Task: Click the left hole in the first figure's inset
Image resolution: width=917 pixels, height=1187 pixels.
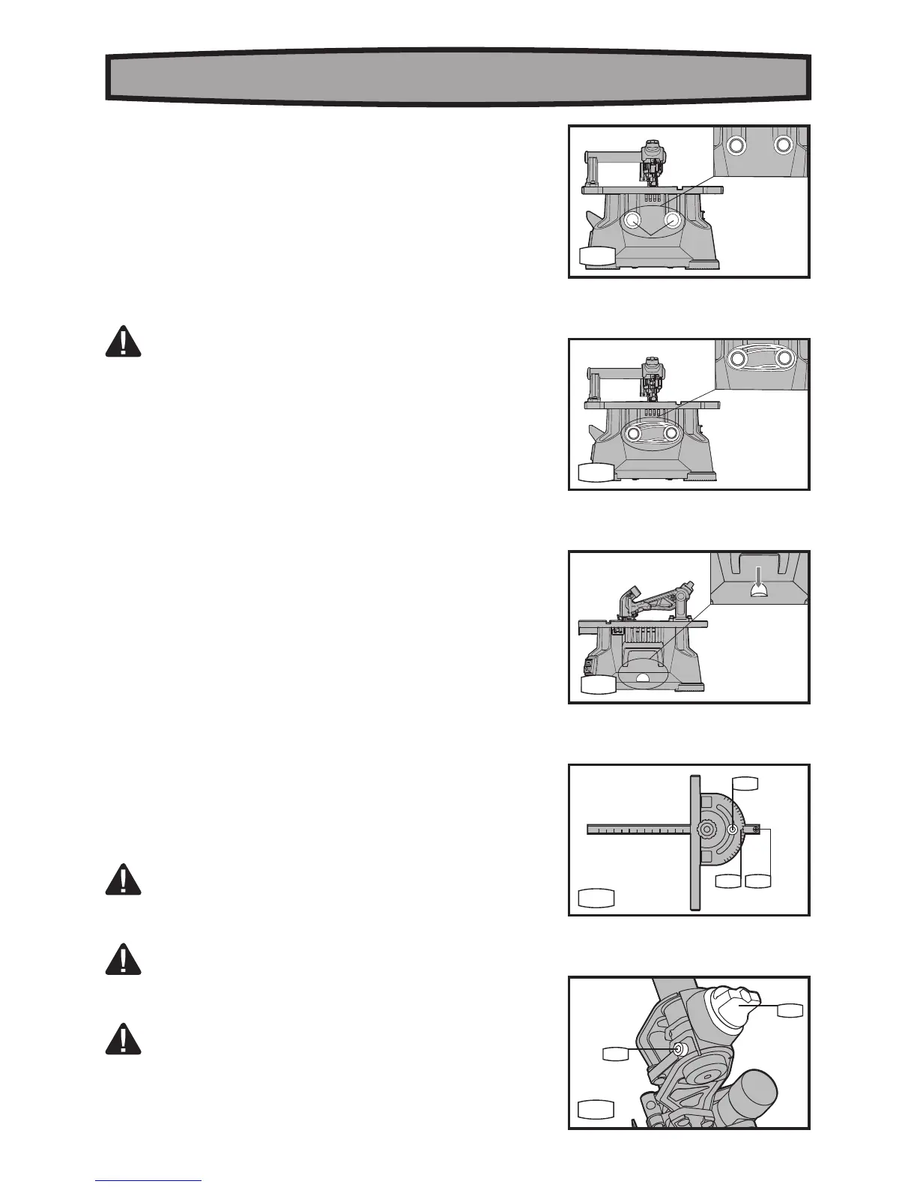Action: (737, 145)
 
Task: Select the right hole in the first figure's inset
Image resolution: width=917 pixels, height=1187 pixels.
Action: (784, 145)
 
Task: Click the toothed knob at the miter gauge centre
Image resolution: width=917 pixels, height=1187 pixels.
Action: (706, 830)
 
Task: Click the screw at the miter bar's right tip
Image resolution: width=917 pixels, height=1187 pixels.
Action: (757, 830)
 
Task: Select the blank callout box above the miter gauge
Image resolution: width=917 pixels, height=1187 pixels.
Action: (745, 784)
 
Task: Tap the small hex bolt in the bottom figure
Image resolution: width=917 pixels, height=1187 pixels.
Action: (679, 1049)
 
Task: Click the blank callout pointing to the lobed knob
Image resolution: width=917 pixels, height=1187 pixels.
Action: (790, 1010)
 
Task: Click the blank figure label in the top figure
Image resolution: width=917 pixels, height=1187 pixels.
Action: (597, 257)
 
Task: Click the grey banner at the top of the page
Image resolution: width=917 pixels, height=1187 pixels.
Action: (457, 76)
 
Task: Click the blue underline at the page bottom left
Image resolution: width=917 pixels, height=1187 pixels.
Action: (149, 1180)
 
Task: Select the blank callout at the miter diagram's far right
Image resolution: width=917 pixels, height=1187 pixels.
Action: (759, 881)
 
